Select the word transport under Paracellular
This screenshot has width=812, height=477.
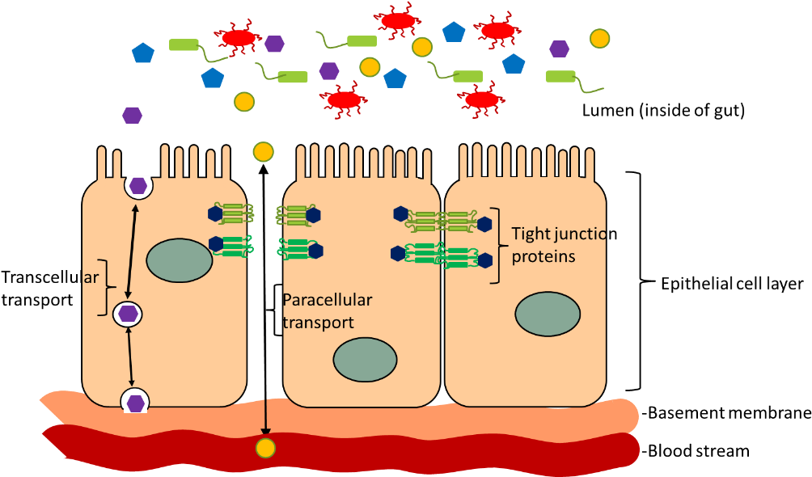pyautogui.click(x=318, y=322)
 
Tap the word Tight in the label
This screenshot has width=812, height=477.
pyautogui.click(x=531, y=234)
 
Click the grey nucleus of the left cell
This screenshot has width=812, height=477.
pyautogui.click(x=179, y=260)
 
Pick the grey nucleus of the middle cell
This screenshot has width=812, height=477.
pyautogui.click(x=365, y=360)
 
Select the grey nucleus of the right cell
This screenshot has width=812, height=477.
pyautogui.click(x=548, y=314)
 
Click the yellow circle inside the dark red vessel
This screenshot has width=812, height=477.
pyautogui.click(x=265, y=447)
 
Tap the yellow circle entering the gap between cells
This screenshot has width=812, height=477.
pyautogui.click(x=263, y=151)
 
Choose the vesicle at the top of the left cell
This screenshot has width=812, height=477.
pyautogui.click(x=138, y=186)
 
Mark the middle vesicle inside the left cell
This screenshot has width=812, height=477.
pyautogui.click(x=128, y=313)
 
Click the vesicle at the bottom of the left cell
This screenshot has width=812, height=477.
pyautogui.click(x=135, y=402)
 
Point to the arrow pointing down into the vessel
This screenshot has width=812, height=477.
pyautogui.click(x=265, y=417)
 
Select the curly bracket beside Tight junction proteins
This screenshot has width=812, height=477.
pyautogui.click(x=497, y=244)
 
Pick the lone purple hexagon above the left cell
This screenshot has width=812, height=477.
pyautogui.click(x=132, y=116)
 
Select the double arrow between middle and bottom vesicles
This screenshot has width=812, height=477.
pyautogui.click(x=130, y=357)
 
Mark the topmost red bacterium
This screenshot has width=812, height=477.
pyautogui.click(x=397, y=20)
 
